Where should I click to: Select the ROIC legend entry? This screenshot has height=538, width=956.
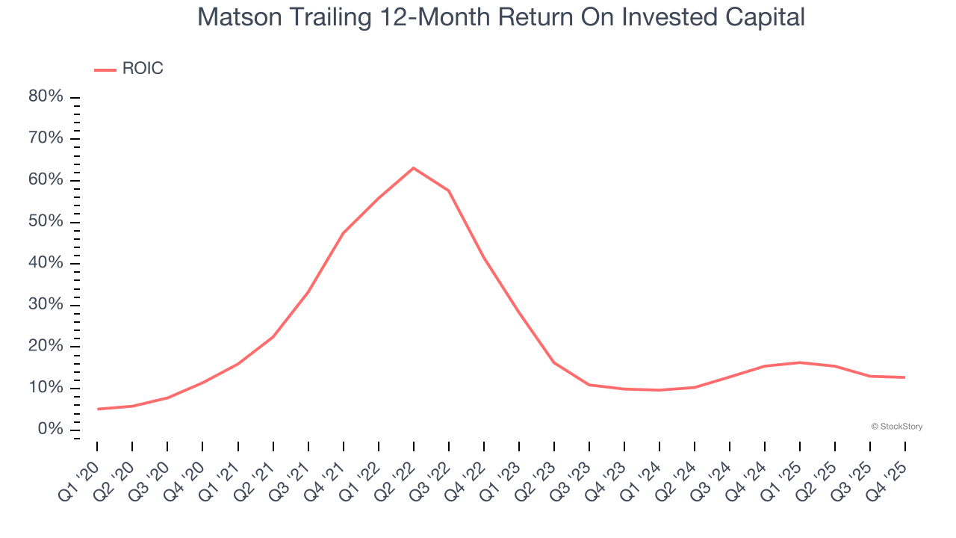point(128,69)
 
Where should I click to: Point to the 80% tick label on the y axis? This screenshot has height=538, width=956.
point(46,97)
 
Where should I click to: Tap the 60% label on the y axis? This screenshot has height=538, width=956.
point(46,180)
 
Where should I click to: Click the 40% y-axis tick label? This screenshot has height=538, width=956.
point(46,263)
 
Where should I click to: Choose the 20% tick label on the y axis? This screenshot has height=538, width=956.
point(46,346)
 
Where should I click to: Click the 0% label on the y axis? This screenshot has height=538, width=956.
point(50,429)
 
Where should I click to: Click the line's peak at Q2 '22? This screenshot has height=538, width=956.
point(413,167)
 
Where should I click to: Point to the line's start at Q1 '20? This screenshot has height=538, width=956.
point(97,409)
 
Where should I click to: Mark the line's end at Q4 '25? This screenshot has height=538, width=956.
point(905,377)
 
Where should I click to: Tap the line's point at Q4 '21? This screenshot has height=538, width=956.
point(343,233)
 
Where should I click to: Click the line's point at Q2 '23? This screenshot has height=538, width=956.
point(554,362)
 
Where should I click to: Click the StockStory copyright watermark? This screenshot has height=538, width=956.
point(896,427)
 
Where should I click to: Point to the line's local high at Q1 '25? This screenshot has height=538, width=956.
point(800,362)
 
